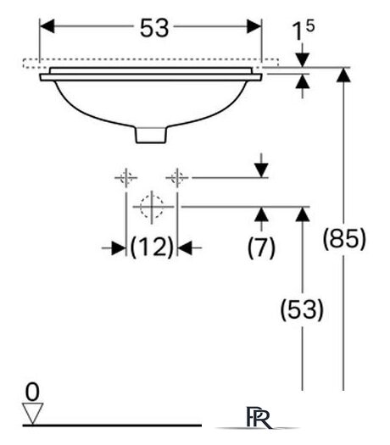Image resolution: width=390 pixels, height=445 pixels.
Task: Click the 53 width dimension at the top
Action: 154,28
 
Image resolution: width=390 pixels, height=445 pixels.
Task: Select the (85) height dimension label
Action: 344,239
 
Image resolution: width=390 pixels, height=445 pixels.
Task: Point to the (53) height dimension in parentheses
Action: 302,309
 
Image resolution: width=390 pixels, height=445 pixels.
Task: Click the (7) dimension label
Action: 261,248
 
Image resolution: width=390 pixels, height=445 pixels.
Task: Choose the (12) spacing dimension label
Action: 152,248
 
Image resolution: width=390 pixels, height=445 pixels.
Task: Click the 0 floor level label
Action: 32,392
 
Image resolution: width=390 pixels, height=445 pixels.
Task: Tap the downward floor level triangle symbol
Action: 33,414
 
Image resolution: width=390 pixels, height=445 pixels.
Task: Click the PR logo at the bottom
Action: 259,417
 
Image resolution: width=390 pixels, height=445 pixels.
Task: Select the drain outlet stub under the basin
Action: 151,135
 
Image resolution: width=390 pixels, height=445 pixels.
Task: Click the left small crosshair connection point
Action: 126,178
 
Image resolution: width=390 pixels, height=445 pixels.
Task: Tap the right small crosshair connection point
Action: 177,178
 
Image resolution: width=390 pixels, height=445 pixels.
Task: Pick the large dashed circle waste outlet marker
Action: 152,207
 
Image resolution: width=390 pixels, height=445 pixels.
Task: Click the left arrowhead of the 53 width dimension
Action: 47,26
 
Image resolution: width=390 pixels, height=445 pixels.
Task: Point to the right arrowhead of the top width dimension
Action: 254,26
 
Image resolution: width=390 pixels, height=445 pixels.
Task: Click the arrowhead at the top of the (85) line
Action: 343,75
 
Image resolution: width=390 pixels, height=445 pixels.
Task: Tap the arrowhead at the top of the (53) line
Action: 303,214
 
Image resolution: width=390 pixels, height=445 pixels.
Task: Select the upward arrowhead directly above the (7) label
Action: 261,214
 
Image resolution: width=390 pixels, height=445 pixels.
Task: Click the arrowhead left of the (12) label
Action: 119,248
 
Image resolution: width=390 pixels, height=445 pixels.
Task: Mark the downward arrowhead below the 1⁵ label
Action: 303,60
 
